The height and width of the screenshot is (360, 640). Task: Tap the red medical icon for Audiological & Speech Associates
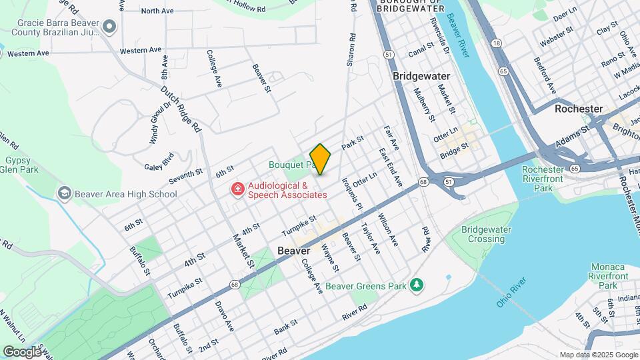[237, 190]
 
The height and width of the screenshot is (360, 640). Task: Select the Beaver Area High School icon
[65, 194]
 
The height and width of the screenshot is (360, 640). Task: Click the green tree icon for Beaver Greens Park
[417, 285]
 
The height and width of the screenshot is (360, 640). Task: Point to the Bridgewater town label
[421, 76]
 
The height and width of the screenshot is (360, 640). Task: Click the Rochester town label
[579, 108]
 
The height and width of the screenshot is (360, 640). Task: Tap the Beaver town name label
[293, 251]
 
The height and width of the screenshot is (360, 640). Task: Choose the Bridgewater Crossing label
[487, 234]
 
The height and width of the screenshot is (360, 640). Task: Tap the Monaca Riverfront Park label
[612, 275]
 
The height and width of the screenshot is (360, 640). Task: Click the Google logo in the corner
[23, 351]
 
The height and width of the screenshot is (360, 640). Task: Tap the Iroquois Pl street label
[352, 193]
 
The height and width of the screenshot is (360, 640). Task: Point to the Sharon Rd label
[349, 50]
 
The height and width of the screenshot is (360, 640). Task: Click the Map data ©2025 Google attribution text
[598, 355]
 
